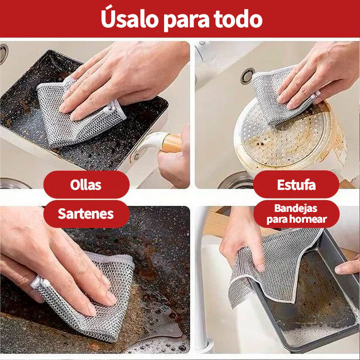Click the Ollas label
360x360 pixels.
(x=86, y=185)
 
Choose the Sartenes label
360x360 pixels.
(x=86, y=214)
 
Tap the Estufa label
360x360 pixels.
(x=296, y=185)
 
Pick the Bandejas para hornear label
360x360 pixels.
(x=296, y=214)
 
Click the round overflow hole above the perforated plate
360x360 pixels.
(x=247, y=76)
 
